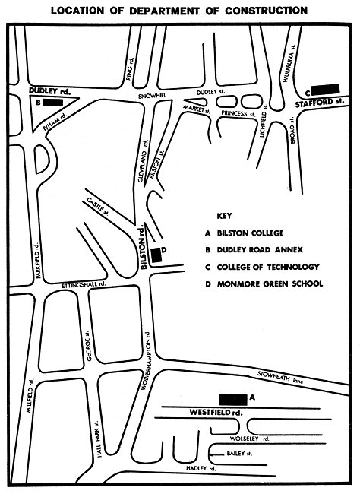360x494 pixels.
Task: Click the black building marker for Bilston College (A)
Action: (233, 400)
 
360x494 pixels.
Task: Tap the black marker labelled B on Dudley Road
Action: (52, 103)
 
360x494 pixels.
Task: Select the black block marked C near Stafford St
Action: (325, 89)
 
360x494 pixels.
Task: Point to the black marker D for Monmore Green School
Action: (156, 255)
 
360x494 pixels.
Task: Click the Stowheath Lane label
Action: (280, 378)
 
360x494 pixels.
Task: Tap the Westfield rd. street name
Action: (216, 413)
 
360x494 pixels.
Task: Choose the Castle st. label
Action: (98, 207)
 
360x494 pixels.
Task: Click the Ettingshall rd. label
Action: (84, 285)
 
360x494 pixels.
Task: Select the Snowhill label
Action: (152, 96)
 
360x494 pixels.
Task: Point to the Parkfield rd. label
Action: (38, 260)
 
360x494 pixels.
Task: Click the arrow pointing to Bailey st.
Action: (216, 454)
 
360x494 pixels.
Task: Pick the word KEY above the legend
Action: (224, 216)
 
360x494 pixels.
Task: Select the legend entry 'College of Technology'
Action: (268, 268)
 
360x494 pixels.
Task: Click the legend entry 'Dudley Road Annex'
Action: (260, 250)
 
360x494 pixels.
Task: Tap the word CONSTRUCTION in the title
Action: (266, 11)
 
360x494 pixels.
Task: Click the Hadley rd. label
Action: (201, 468)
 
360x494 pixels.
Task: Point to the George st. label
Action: (89, 346)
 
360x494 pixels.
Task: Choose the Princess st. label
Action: (238, 113)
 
